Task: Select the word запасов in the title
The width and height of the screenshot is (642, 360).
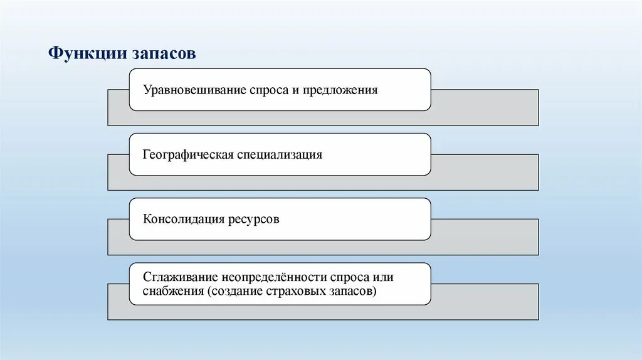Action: [x=164, y=53]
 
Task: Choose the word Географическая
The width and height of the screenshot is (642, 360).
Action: [x=188, y=154]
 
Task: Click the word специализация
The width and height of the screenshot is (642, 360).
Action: [x=280, y=154]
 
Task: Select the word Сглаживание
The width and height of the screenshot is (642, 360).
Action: [x=177, y=277]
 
